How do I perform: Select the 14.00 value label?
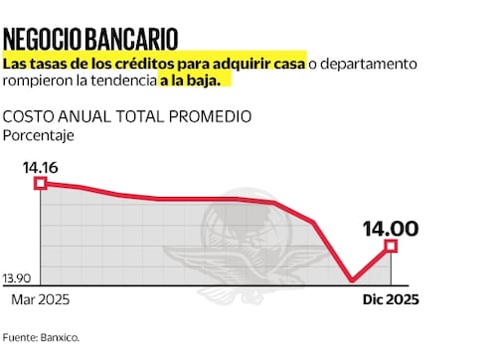[391, 228]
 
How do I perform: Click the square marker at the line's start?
[40, 183]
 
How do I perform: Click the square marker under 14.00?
[391, 246]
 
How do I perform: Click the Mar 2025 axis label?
[40, 299]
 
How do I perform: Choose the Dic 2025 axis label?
[388, 299]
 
